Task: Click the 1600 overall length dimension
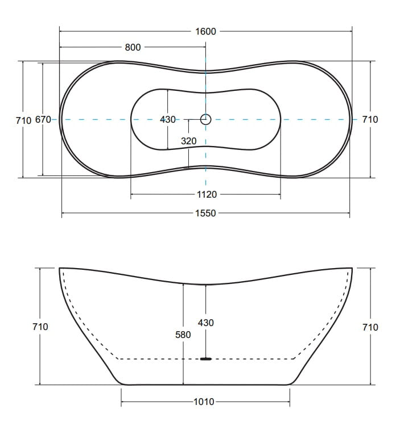pyautogui.click(x=205, y=31)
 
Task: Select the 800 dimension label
pyautogui.click(x=133, y=47)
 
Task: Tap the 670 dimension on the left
pyautogui.click(x=43, y=119)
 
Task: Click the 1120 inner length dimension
pyautogui.click(x=207, y=194)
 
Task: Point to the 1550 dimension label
pyautogui.click(x=205, y=213)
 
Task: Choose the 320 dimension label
pyautogui.click(x=189, y=141)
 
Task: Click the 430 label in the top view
pyautogui.click(x=168, y=119)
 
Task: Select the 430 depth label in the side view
pyautogui.click(x=205, y=323)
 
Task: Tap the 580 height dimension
pyautogui.click(x=183, y=335)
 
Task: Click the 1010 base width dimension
pyautogui.click(x=204, y=402)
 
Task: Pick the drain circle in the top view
pyautogui.click(x=205, y=119)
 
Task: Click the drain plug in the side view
pyautogui.click(x=205, y=359)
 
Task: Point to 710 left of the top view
pyautogui.click(x=24, y=120)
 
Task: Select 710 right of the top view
pyautogui.click(x=370, y=119)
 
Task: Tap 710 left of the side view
pyautogui.click(x=40, y=327)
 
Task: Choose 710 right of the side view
pyautogui.click(x=370, y=327)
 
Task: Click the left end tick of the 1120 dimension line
pyautogui.click(x=131, y=194)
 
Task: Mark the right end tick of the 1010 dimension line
pyautogui.click(x=290, y=402)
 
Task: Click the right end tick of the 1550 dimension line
pyautogui.click(x=349, y=213)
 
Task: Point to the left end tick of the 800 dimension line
pyautogui.click(x=60, y=47)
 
